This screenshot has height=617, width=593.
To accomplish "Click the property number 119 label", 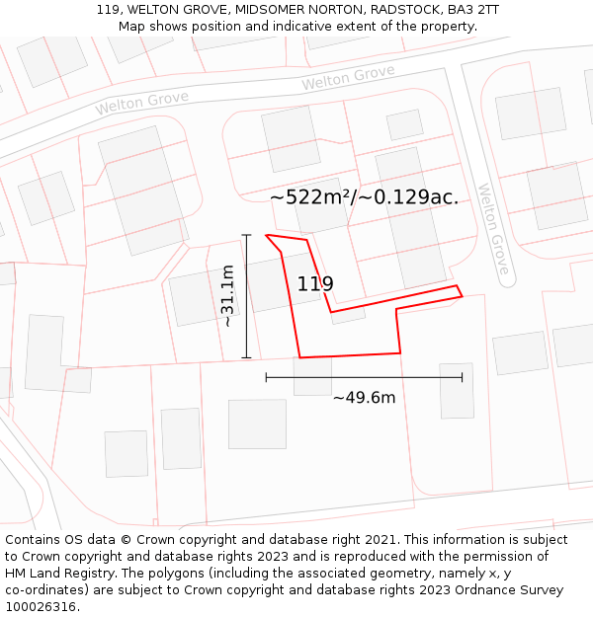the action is tap(315, 284).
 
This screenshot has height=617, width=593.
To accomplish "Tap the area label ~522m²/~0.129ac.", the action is tap(364, 197).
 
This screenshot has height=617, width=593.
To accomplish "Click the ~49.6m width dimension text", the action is tap(364, 398).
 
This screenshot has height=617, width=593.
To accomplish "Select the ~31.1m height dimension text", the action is tap(227, 296).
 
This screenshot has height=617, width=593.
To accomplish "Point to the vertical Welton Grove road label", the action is tap(492, 229).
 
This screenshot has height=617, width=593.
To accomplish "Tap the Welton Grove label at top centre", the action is tap(348, 77).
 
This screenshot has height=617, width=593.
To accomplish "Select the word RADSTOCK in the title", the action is tap(404, 10).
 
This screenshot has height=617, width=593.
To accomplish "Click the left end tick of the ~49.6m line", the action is tap(266, 376).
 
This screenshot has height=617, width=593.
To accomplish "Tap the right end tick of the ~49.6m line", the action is tap(462, 376).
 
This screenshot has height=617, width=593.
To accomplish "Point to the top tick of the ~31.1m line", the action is tap(246, 235).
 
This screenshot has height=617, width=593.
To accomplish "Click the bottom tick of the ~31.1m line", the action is tap(246, 357).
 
